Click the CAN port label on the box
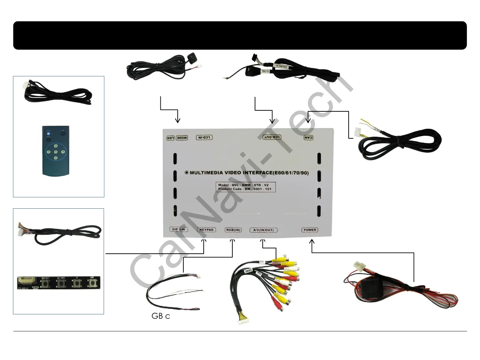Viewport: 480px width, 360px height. coord(309,137)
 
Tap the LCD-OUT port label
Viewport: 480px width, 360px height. coord(272,137)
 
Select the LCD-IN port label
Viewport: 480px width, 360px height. coord(204,137)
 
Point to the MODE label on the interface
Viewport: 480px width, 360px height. coord(182,138)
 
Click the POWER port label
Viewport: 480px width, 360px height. coord(310,230)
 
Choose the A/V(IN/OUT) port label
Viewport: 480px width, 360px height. coord(263,230)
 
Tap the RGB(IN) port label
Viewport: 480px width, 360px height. coord(233,230)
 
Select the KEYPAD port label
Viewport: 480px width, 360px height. coord(206,230)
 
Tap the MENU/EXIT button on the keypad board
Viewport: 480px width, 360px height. coord(45,284)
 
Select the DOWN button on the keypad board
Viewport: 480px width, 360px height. coord(92,283)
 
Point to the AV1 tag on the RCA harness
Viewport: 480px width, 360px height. coord(262,262)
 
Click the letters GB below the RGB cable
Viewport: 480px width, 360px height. coord(157,316)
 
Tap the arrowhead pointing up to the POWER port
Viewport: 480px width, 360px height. coord(312,242)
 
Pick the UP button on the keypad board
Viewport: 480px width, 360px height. coord(77,283)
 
